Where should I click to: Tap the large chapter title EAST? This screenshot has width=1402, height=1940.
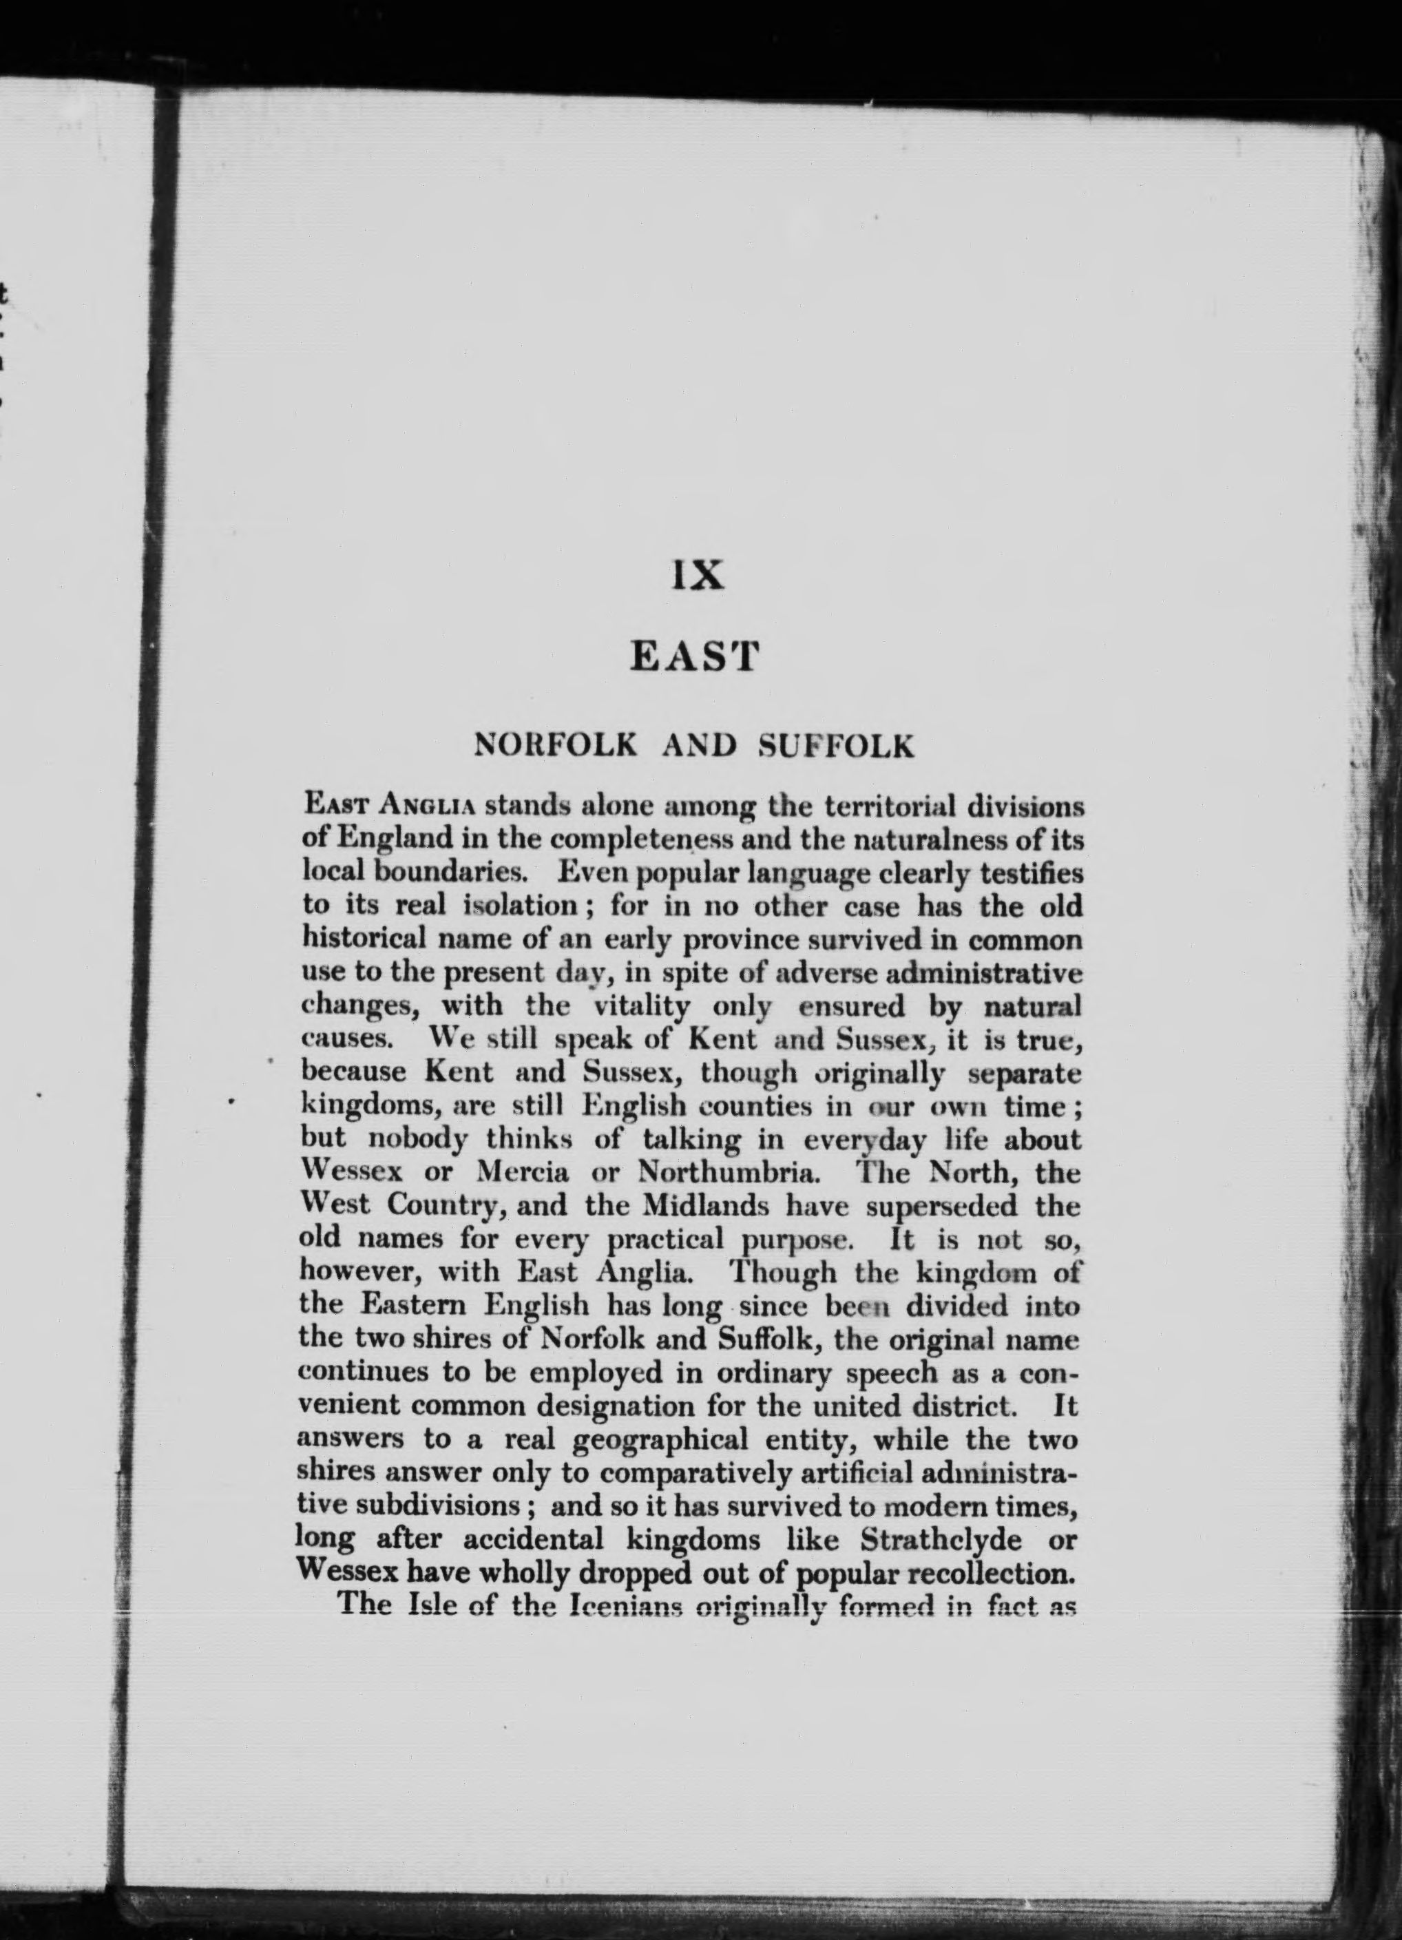[695, 657]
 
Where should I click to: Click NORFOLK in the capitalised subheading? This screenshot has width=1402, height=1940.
[556, 746]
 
